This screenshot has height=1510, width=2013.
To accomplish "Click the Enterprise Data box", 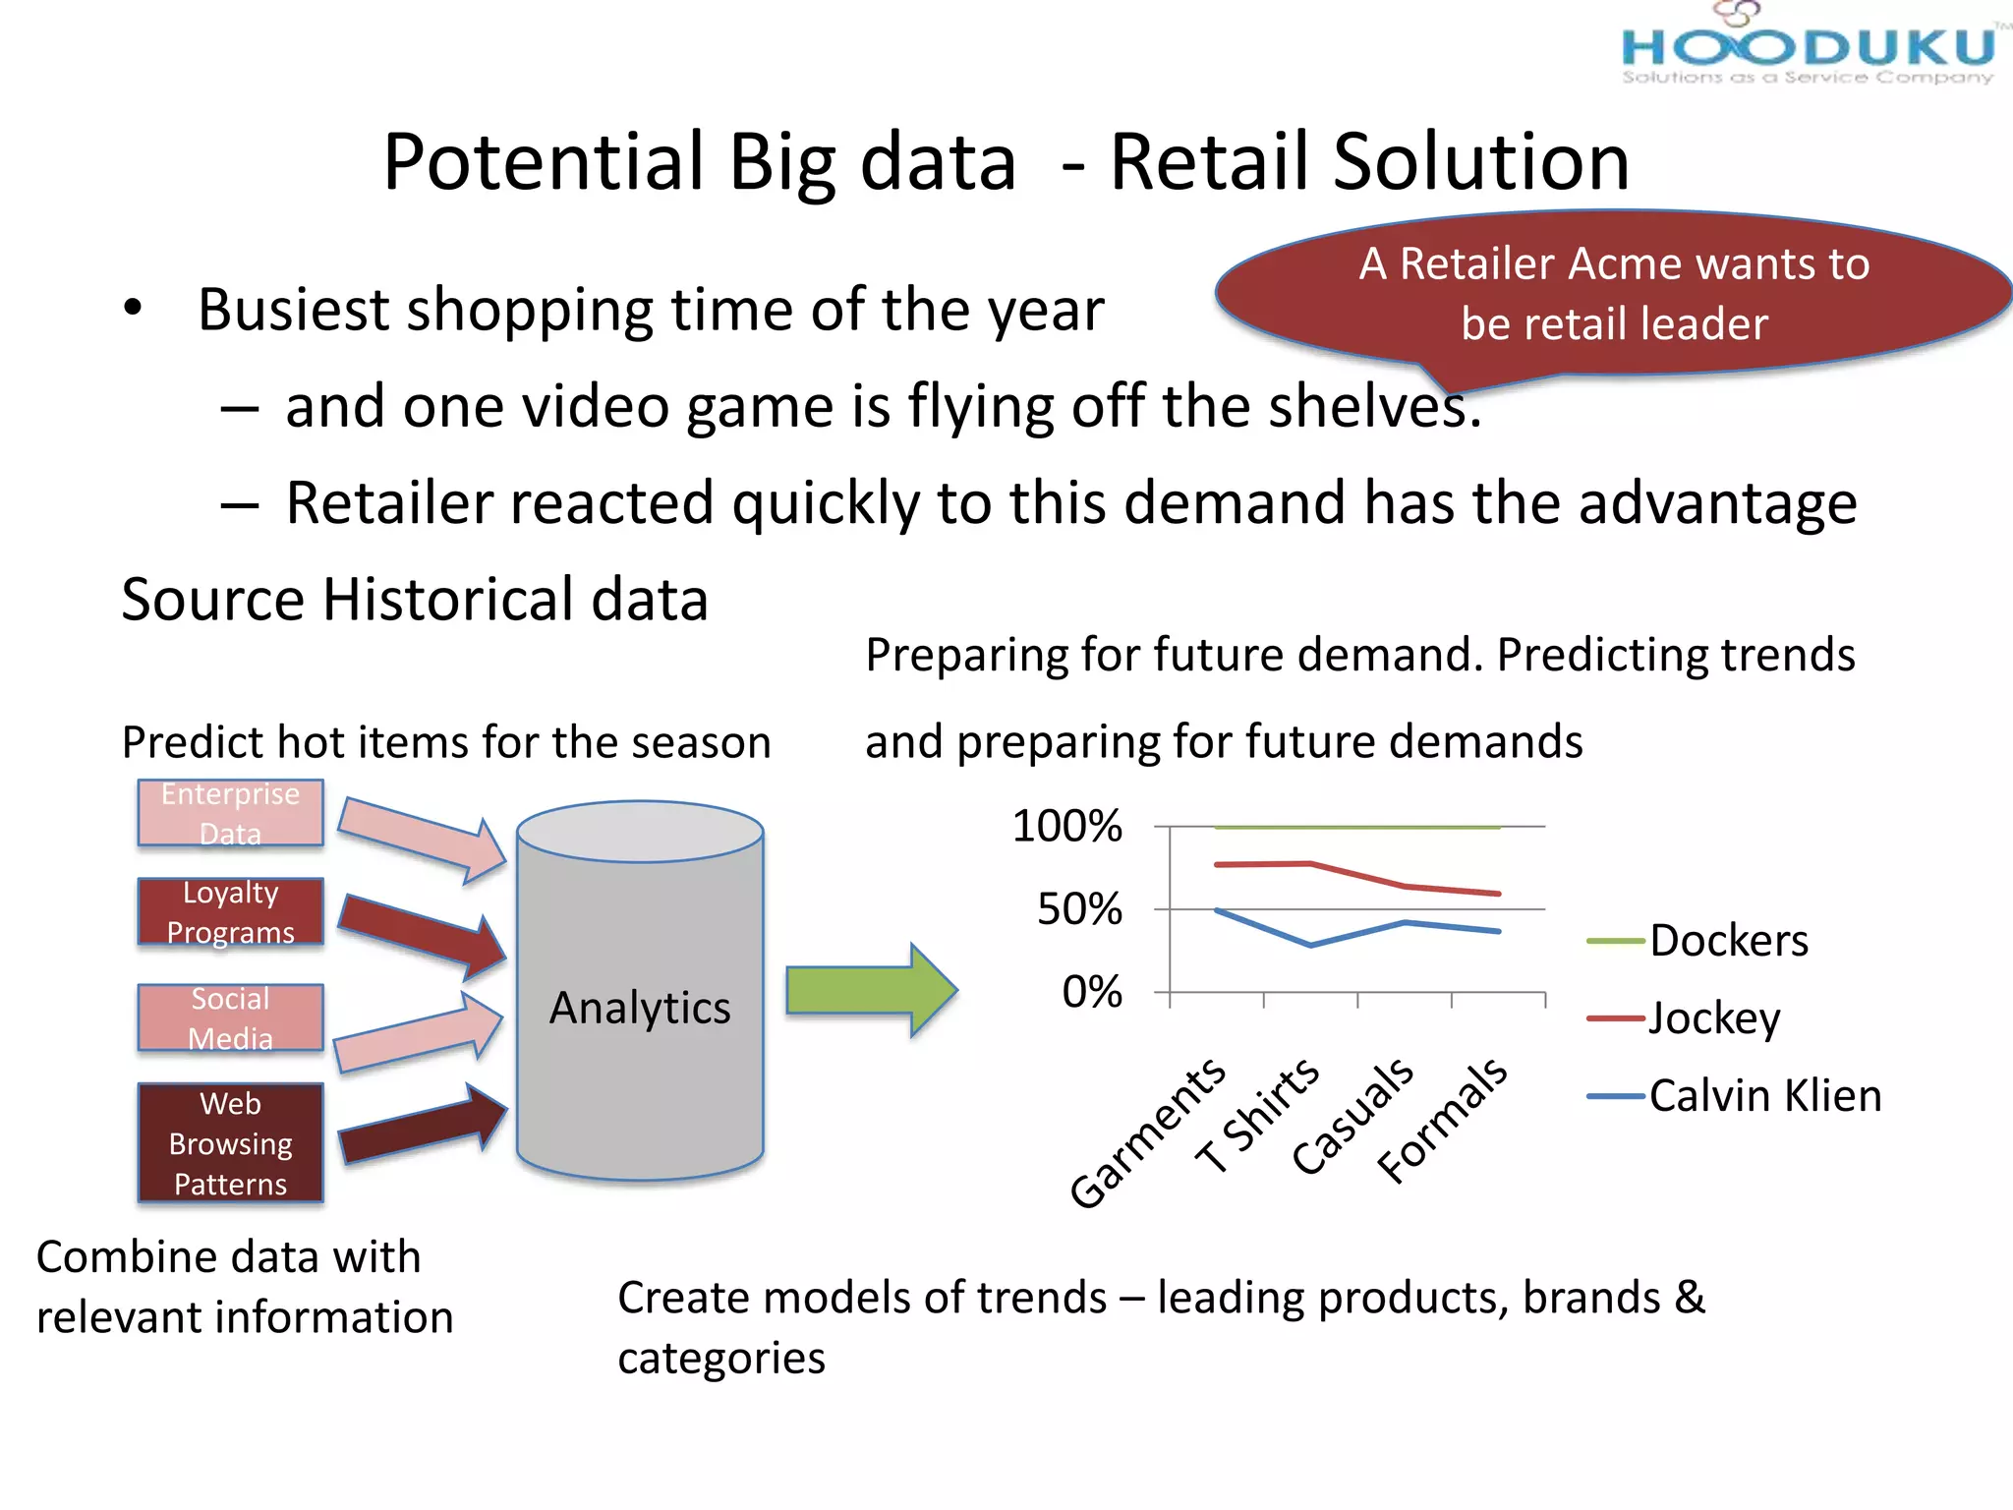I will tap(230, 813).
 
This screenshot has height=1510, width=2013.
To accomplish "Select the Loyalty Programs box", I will tap(230, 912).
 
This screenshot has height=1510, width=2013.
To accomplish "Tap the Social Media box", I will tap(230, 1018).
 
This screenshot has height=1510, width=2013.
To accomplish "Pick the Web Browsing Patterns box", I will tap(230, 1143).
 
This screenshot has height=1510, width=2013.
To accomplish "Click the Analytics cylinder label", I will tap(640, 1008).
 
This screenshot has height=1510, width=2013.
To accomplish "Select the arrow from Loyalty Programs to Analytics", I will tap(423, 934).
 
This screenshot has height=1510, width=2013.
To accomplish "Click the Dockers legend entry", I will tap(1727, 941).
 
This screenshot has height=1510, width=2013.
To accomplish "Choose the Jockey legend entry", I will tap(1713, 1018).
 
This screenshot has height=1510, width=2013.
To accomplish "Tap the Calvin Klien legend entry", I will tap(1763, 1095).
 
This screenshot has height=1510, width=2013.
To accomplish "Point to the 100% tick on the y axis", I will tap(1066, 826).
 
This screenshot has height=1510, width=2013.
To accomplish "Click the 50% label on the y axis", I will tap(1079, 909).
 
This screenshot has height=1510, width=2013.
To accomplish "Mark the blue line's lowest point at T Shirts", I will tap(1311, 945).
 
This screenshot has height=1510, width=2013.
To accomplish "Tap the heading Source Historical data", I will tap(414, 599).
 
